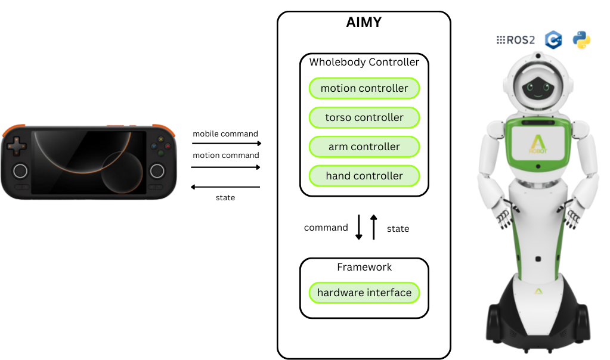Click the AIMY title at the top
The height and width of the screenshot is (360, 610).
coord(364,23)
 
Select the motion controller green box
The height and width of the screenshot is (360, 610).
coord(364,88)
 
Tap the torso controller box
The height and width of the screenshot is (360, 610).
coord(364,117)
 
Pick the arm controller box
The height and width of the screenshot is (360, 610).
coord(364,147)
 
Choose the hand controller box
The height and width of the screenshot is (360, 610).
coord(364,176)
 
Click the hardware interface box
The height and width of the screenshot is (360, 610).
coord(364,293)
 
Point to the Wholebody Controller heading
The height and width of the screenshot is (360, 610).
coord(364,62)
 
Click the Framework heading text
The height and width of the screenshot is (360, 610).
coord(364,267)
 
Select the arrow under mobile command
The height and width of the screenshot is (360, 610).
coord(227,144)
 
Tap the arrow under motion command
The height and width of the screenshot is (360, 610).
coord(227,167)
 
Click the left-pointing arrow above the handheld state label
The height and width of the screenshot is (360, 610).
coord(225,187)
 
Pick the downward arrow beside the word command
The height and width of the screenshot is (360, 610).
coord(359,227)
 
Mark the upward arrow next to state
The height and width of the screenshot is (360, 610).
coord(374,227)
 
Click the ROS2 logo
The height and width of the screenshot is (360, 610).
coord(516,41)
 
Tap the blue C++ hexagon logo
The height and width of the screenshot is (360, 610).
coord(554,40)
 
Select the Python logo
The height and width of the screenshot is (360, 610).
coord(581,40)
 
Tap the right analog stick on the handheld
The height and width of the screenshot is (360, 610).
coord(157,171)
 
